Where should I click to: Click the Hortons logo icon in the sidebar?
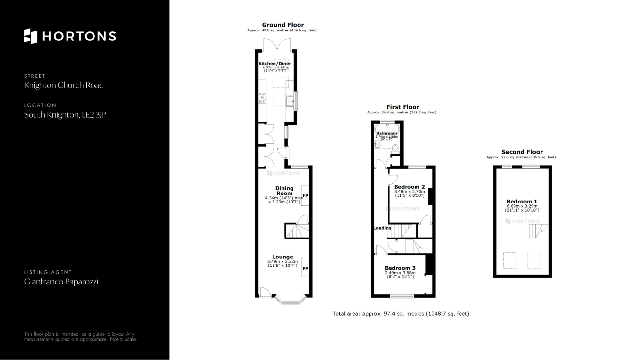[31, 36]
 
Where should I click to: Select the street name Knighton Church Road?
[64, 85]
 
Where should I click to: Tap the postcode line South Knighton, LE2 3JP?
[65, 115]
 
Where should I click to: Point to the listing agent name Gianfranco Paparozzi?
[61, 282]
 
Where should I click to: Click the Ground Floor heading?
[283, 25]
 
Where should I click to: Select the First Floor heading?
[403, 107]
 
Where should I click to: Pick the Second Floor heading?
[522, 152]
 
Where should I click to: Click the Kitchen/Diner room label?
[275, 64]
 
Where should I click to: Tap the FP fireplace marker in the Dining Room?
[305, 195]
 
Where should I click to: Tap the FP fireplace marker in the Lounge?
[305, 269]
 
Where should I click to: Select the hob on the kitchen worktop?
[262, 98]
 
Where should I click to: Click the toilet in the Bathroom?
[396, 148]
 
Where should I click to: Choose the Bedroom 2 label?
[409, 187]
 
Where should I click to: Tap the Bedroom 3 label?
[400, 268]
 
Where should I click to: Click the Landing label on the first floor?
[382, 228]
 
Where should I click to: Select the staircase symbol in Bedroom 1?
[539, 231]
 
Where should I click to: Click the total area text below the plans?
[400, 314]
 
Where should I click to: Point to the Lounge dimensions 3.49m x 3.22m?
[282, 262]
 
